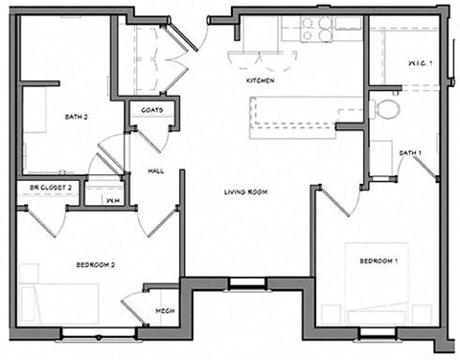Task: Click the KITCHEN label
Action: [x=261, y=82]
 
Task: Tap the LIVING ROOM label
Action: [x=245, y=192]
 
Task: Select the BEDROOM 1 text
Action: [x=379, y=261]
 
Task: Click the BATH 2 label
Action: [x=77, y=118]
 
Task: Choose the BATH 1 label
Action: [x=410, y=153]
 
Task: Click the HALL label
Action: [x=155, y=170]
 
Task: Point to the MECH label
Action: [x=164, y=310]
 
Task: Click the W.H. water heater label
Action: [x=112, y=200]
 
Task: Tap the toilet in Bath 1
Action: [x=387, y=107]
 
